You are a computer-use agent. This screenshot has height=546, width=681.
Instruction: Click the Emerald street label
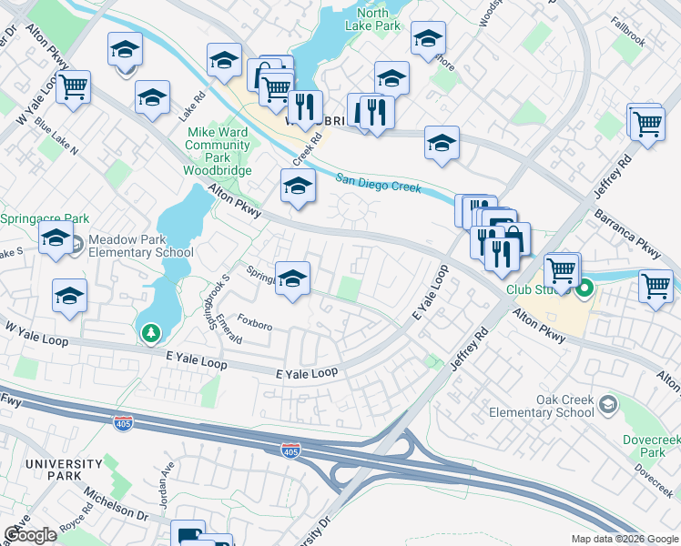pyautogui.click(x=225, y=329)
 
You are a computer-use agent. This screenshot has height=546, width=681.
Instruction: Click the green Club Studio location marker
pyautogui.click(x=584, y=289)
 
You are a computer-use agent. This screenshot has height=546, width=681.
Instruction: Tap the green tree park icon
pyautogui.click(x=149, y=333)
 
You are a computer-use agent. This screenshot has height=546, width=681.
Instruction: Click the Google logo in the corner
pyautogui.click(x=31, y=535)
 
